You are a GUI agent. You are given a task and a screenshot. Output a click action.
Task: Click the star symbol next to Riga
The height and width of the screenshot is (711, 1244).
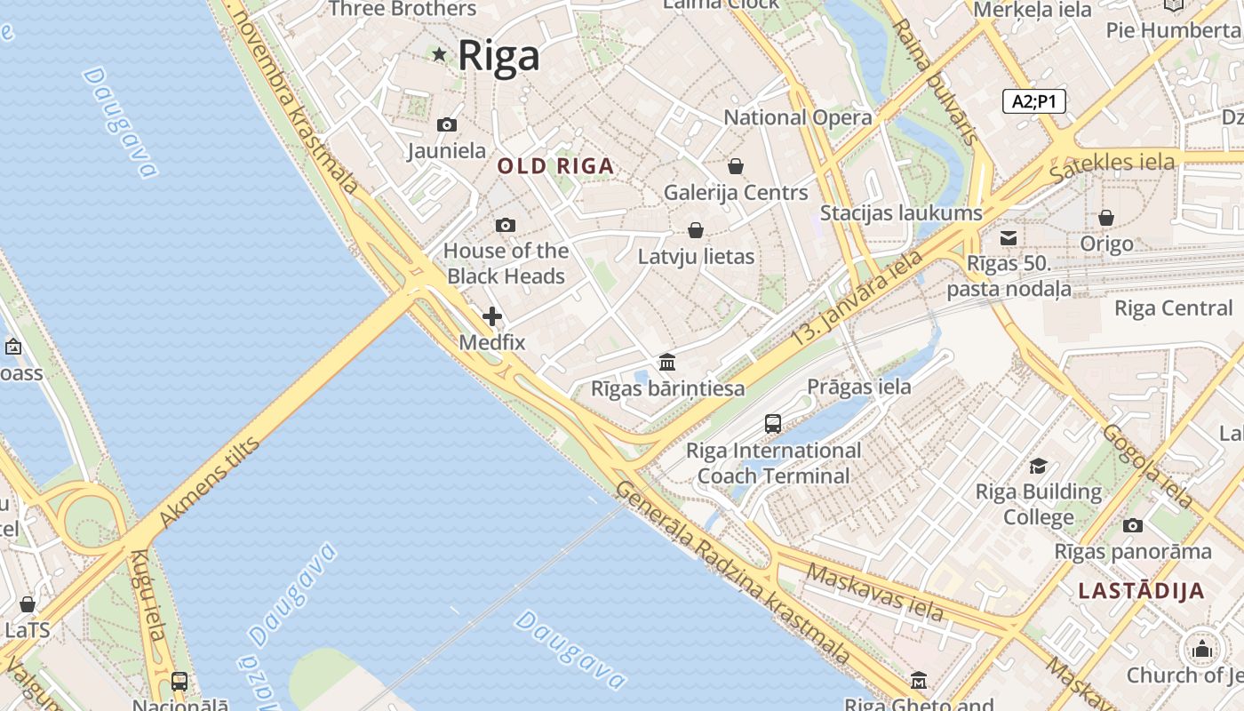tap(439, 54)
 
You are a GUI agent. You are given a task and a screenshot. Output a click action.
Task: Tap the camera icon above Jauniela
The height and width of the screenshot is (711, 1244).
tap(447, 125)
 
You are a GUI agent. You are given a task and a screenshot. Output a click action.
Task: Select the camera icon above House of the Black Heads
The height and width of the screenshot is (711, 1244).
tap(505, 226)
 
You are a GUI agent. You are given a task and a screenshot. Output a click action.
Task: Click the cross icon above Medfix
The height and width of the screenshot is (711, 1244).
tap(492, 316)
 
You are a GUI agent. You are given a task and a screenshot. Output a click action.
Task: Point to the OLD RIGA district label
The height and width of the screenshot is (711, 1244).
tap(555, 166)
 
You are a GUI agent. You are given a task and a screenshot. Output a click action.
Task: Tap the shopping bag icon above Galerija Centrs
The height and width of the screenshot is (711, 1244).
tap(736, 166)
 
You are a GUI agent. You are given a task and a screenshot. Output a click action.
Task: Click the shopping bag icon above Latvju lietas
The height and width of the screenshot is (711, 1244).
tap(696, 231)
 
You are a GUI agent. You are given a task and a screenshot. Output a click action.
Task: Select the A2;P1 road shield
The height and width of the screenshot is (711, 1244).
tap(1034, 101)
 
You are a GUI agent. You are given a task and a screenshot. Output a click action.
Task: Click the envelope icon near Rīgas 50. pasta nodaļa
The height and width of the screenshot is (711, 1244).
tap(1009, 238)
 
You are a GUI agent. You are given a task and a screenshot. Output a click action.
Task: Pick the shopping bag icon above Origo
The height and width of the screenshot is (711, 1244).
tap(1106, 218)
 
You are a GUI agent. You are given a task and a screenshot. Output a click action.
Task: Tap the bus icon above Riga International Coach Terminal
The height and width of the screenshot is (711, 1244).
tap(773, 424)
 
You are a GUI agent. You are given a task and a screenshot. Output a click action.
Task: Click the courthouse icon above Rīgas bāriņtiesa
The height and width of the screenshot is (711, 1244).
tap(667, 363)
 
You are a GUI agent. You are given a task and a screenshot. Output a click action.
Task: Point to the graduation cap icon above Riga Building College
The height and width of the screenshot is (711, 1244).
tap(1038, 467)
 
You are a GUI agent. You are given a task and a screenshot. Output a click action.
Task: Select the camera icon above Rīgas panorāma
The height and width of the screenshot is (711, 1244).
tap(1132, 525)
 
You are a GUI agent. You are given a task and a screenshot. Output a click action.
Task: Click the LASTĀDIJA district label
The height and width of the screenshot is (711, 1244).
tap(1141, 591)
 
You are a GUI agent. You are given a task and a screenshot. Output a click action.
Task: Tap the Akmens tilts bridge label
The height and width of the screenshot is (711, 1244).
tap(210, 483)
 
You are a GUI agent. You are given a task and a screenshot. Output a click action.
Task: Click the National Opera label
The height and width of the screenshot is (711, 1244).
tap(798, 117)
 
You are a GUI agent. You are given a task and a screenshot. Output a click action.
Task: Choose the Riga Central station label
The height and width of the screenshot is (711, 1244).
tap(1173, 308)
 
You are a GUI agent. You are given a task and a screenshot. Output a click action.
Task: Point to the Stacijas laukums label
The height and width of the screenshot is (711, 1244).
tap(901, 213)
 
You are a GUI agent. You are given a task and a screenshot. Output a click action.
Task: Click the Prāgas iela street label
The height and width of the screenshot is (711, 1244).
tap(858, 387)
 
